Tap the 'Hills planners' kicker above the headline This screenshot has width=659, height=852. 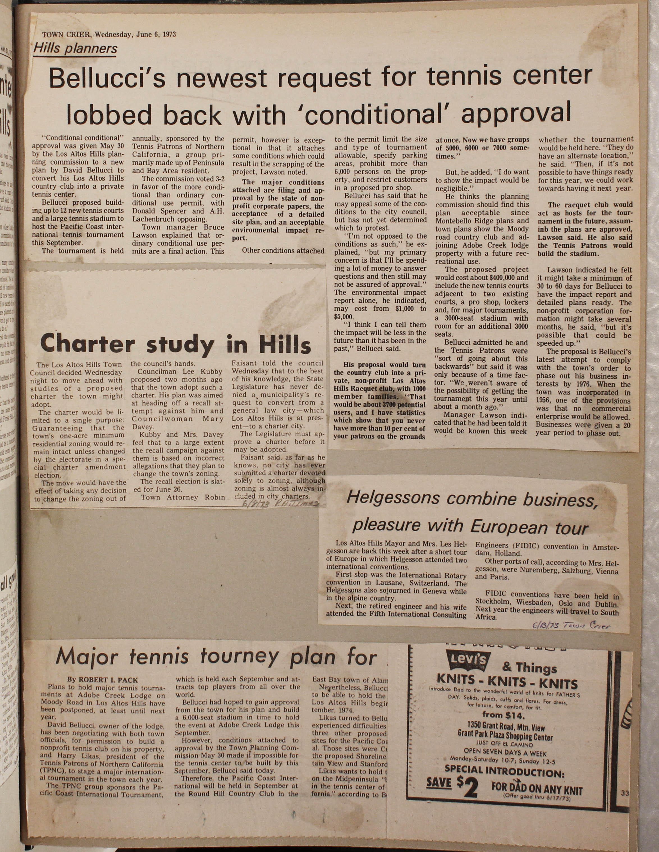75,48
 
